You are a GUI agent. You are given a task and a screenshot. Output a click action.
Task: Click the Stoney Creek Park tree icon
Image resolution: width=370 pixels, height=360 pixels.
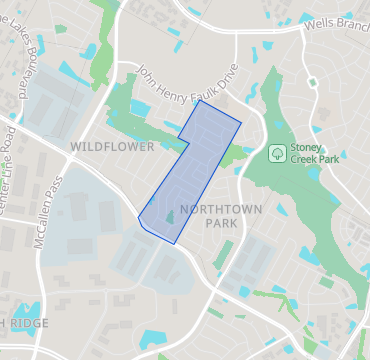click(276, 155)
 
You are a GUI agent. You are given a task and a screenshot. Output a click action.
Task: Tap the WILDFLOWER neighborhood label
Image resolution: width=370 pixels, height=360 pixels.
click(112, 147)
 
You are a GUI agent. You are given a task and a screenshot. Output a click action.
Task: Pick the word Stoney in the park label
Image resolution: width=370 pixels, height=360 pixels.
click(306, 149)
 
